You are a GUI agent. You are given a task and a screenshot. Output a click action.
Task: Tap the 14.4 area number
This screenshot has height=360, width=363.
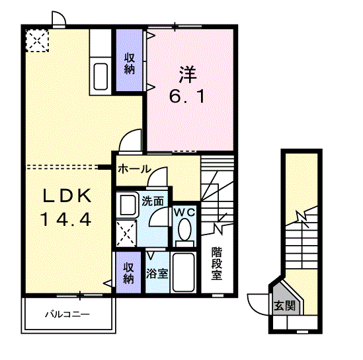[x=66, y=219]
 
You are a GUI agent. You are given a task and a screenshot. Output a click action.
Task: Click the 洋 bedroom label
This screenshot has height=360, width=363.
[x=188, y=75]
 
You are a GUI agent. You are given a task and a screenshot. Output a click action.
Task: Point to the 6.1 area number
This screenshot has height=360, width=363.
[x=187, y=96]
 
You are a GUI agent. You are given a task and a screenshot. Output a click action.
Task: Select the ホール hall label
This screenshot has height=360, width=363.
[x=134, y=169]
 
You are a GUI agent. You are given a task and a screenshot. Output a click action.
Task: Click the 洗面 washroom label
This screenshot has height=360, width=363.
[x=153, y=201]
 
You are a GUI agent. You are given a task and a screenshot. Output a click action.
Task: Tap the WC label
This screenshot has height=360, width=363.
[x=184, y=212]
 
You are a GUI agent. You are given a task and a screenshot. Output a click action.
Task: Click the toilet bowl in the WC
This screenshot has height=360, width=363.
[x=184, y=229]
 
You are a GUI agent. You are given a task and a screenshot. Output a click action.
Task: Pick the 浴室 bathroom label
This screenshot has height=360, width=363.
[x=157, y=273]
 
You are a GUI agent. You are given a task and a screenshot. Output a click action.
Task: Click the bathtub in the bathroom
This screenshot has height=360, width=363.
[x=183, y=272]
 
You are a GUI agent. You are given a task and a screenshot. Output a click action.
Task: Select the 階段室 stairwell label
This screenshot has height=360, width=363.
[x=217, y=264]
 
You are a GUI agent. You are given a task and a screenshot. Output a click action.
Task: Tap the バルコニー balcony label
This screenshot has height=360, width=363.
[x=67, y=314]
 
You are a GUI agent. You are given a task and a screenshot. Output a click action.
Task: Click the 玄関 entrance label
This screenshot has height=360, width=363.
[x=285, y=306]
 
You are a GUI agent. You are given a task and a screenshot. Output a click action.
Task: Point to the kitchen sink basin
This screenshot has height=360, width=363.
[x=101, y=77]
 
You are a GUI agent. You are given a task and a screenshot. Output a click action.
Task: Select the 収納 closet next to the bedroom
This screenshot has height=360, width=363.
[x=129, y=60]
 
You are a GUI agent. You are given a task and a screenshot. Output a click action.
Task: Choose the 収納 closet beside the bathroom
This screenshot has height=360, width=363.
[x=128, y=272]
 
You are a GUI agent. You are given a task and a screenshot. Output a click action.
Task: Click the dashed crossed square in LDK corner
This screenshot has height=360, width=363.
[x=37, y=41]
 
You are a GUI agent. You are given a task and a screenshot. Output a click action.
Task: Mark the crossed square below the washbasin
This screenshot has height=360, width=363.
[x=126, y=233]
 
